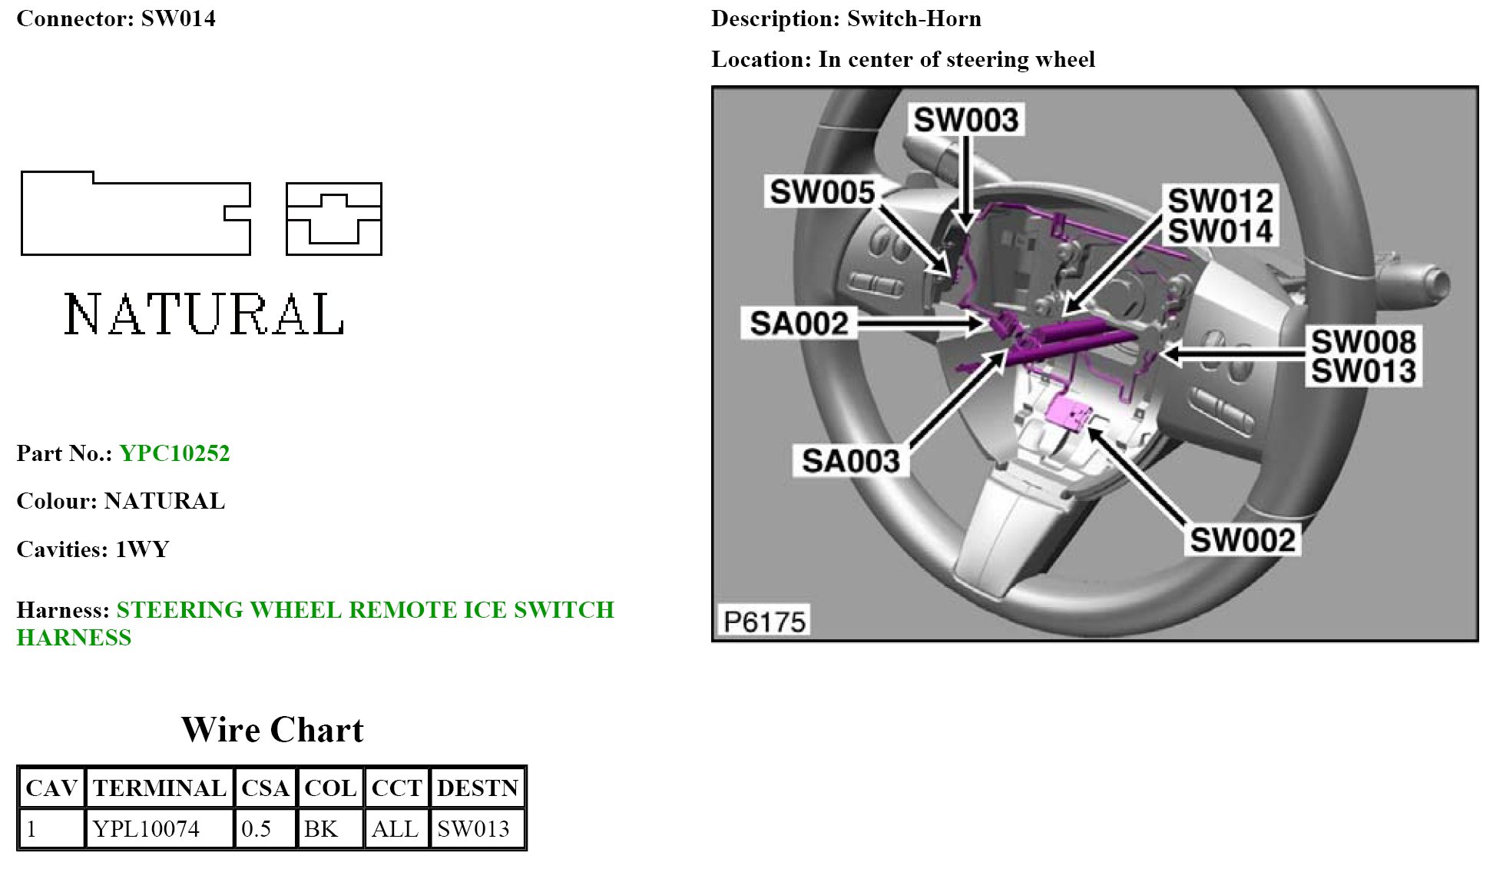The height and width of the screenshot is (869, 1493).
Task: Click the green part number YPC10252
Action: pyautogui.click(x=174, y=453)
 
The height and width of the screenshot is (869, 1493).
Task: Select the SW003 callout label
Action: pyautogui.click(x=965, y=120)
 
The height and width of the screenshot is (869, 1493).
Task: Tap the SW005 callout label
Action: pyautogui.click(x=822, y=192)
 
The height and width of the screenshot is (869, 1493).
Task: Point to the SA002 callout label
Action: pyautogui.click(x=799, y=323)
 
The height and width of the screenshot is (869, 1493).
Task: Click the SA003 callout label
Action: pyautogui.click(x=850, y=461)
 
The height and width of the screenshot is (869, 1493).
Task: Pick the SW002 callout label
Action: pyautogui.click(x=1242, y=540)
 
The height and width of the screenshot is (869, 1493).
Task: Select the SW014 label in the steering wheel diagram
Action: pyautogui.click(x=1220, y=231)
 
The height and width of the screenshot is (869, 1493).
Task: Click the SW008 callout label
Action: pyautogui.click(x=1362, y=342)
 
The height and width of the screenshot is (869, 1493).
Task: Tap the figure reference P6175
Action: pyautogui.click(x=764, y=621)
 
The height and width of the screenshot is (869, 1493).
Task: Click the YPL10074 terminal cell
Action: pyautogui.click(x=146, y=829)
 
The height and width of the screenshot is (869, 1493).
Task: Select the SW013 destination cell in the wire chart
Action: pyautogui.click(x=473, y=829)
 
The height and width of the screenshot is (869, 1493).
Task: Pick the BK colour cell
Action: pyautogui.click(x=321, y=829)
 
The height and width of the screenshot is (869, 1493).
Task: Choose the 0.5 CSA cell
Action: pyautogui.click(x=257, y=829)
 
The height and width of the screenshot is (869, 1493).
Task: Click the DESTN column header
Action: pyautogui.click(x=478, y=788)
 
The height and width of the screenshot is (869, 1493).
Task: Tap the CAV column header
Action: pyautogui.click(x=51, y=788)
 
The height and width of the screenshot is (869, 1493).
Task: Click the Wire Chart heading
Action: pyautogui.click(x=272, y=730)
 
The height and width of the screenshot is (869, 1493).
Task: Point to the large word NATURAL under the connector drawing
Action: pyautogui.click(x=204, y=314)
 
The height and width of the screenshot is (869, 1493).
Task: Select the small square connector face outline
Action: pyautogui.click(x=333, y=219)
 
